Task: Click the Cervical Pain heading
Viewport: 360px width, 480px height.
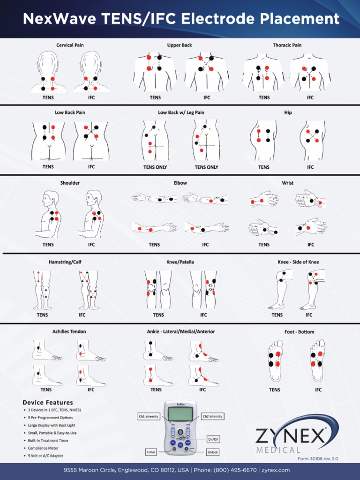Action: click(x=70, y=45)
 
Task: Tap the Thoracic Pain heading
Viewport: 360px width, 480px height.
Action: click(x=287, y=45)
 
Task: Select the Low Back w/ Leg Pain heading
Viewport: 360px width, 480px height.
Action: click(x=181, y=112)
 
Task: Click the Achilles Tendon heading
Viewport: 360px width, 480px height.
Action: click(x=69, y=332)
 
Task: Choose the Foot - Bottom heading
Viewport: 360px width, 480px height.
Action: click(x=299, y=332)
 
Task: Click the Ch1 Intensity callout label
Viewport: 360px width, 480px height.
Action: click(x=148, y=416)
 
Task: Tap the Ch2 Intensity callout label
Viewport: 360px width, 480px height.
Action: click(x=212, y=416)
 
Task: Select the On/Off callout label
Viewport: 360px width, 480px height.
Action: click(x=213, y=439)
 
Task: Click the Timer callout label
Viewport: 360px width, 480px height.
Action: click(x=150, y=452)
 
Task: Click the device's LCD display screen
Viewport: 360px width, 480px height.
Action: click(x=180, y=414)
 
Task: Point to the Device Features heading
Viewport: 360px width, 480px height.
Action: click(x=48, y=403)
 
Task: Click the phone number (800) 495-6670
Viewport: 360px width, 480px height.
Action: click(x=235, y=470)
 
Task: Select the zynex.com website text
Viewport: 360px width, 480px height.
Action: click(x=276, y=470)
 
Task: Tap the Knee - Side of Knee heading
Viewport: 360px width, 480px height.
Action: click(x=298, y=262)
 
